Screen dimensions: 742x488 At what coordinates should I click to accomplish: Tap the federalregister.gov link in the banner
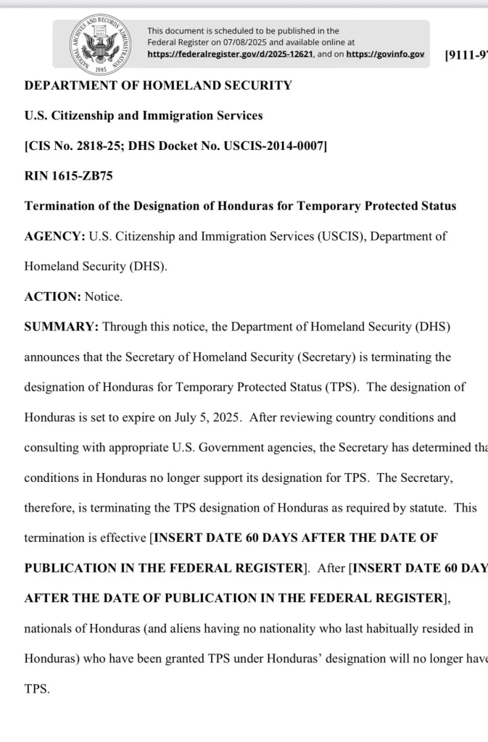pyautogui.click(x=230, y=54)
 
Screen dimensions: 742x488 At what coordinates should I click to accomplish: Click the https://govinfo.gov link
pyautogui.click(x=385, y=54)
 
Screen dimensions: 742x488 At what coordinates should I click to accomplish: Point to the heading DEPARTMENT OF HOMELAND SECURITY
pyautogui.click(x=158, y=86)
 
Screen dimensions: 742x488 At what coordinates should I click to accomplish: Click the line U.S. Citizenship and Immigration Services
pyautogui.click(x=144, y=116)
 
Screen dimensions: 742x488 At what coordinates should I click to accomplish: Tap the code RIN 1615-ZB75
pyautogui.click(x=69, y=176)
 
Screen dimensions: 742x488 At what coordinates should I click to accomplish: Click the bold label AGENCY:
pyautogui.click(x=55, y=236)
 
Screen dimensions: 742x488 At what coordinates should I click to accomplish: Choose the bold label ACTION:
pyautogui.click(x=53, y=296)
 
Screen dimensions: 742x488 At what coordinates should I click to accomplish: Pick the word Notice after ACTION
pyautogui.click(x=104, y=296)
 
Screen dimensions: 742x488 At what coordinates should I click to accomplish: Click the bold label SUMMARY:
pyautogui.click(x=62, y=327)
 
